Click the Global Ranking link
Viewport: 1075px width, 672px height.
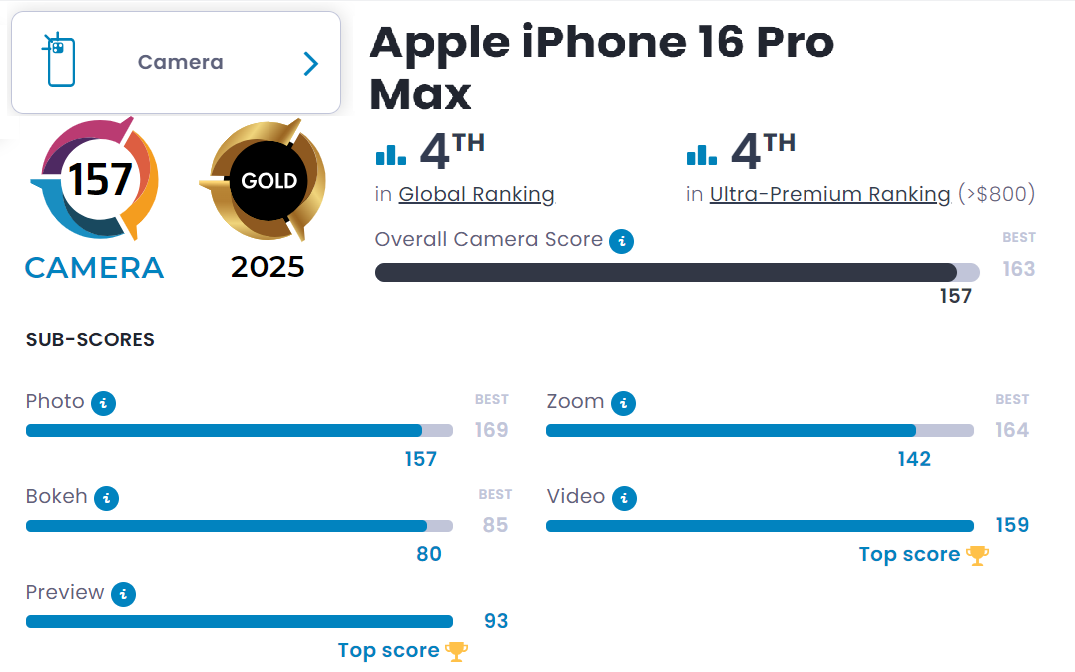coord(476,194)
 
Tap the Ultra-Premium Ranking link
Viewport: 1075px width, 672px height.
coord(829,194)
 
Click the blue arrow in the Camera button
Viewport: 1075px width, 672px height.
coord(311,64)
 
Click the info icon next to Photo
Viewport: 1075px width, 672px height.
coord(103,403)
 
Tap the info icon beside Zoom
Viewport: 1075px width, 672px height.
coord(623,403)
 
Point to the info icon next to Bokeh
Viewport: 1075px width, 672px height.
coord(106,498)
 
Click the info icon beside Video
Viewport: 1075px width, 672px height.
coord(624,498)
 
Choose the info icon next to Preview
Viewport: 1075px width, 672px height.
coord(123,594)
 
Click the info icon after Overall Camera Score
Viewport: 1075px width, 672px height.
coord(622,241)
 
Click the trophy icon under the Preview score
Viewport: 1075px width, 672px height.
coord(456,651)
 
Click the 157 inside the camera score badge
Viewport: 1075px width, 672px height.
coord(99,180)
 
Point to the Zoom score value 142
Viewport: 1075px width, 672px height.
coord(913,459)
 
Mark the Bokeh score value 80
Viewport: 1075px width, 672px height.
coord(428,554)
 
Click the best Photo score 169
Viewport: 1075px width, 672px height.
coord(491,430)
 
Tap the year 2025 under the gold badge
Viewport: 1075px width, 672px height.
coord(268,267)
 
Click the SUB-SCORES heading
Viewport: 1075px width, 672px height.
coord(90,339)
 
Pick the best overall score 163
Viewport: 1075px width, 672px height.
coord(1018,269)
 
